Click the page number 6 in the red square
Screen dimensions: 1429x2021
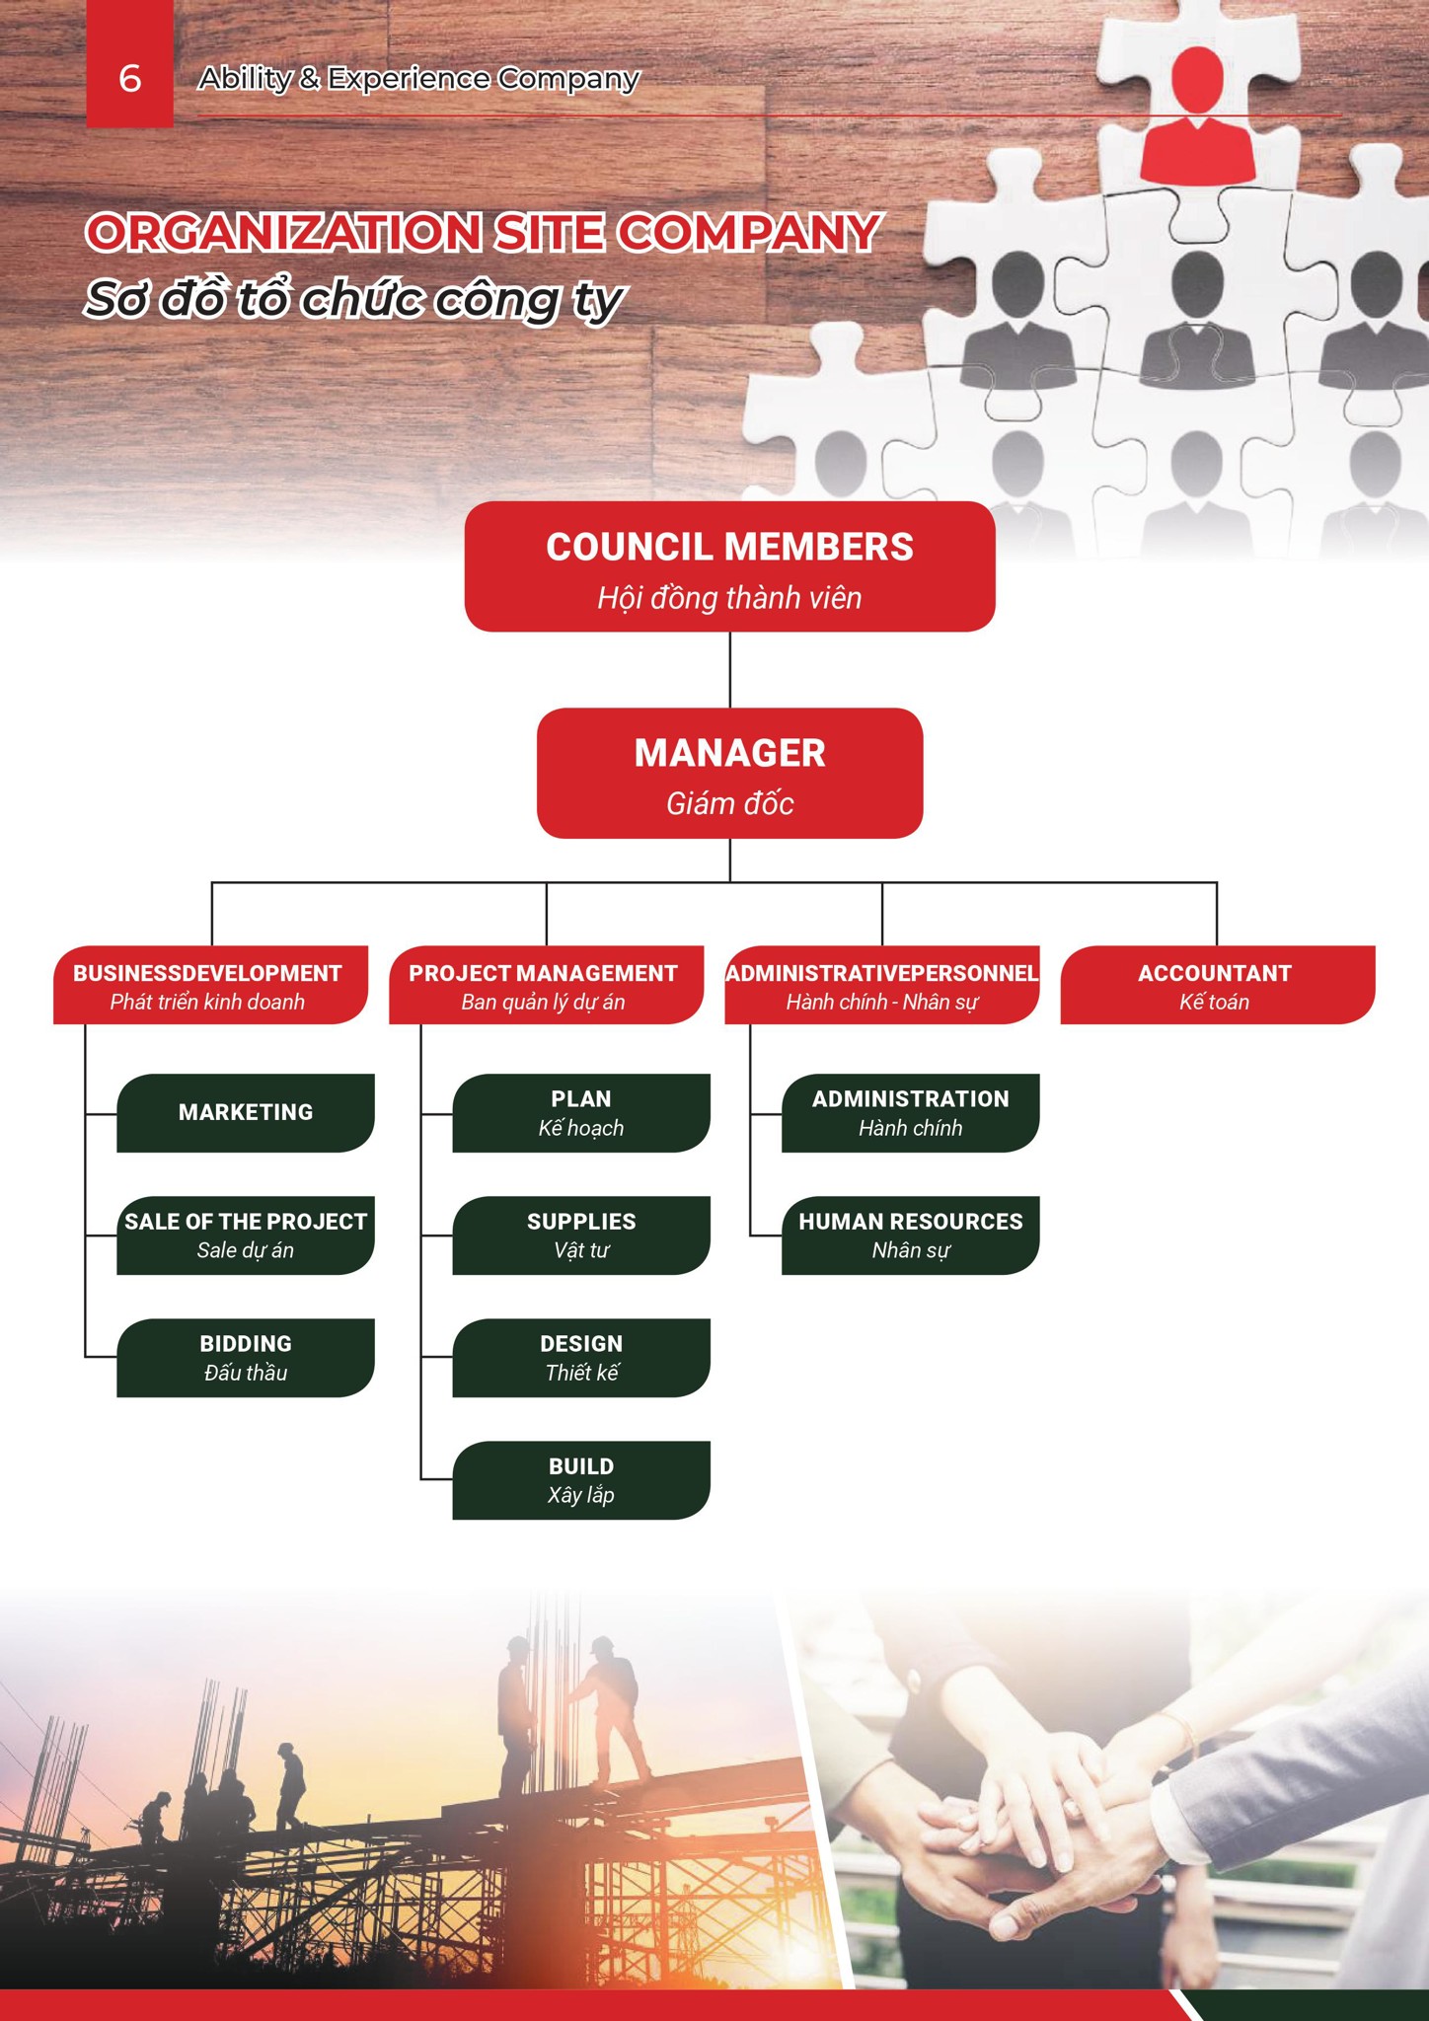click(x=130, y=78)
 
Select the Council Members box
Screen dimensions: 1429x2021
click(x=729, y=566)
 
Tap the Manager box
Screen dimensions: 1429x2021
click(x=729, y=773)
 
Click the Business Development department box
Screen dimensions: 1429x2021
click(x=210, y=985)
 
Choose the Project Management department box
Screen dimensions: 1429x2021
click(x=546, y=985)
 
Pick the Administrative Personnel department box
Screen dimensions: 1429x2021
click(x=881, y=985)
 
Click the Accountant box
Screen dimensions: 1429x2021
click(x=1217, y=985)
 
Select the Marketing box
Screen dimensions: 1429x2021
click(x=246, y=1112)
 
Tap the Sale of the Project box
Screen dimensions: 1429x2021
click(x=246, y=1235)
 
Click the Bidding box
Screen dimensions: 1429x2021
click(x=246, y=1358)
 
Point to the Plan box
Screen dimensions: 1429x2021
click(x=581, y=1112)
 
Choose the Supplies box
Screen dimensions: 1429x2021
click(x=581, y=1235)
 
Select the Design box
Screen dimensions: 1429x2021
click(x=581, y=1358)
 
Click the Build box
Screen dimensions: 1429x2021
click(x=581, y=1480)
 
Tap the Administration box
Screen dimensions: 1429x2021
click(x=910, y=1112)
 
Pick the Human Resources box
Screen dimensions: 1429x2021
click(x=910, y=1235)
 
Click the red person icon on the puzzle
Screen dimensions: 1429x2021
click(x=1198, y=118)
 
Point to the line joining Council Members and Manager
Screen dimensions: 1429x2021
click(x=730, y=670)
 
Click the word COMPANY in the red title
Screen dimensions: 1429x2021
click(x=748, y=233)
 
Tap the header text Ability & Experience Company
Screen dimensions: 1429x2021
click(x=418, y=79)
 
